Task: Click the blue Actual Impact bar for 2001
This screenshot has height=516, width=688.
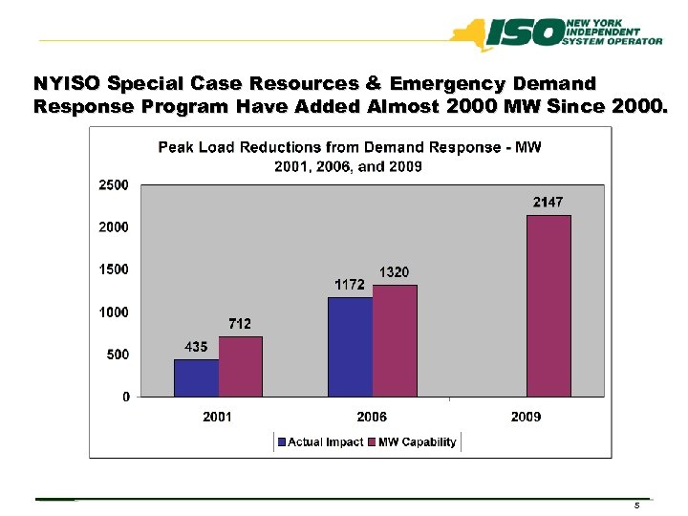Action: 196,377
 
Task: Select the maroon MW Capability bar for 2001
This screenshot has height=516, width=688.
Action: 240,366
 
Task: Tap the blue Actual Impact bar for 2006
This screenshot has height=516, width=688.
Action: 350,346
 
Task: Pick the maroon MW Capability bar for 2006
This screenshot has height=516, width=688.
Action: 394,340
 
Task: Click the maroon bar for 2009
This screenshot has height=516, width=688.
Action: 548,306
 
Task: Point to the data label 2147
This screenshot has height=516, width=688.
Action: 548,203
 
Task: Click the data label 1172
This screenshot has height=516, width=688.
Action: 349,285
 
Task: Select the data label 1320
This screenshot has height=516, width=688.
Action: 395,272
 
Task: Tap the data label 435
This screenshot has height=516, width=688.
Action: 197,347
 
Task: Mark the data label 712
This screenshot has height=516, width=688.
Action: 240,324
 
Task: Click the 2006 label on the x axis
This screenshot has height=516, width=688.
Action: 372,417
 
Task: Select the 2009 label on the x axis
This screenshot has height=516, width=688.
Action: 526,417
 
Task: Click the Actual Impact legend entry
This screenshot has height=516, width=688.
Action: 320,441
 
